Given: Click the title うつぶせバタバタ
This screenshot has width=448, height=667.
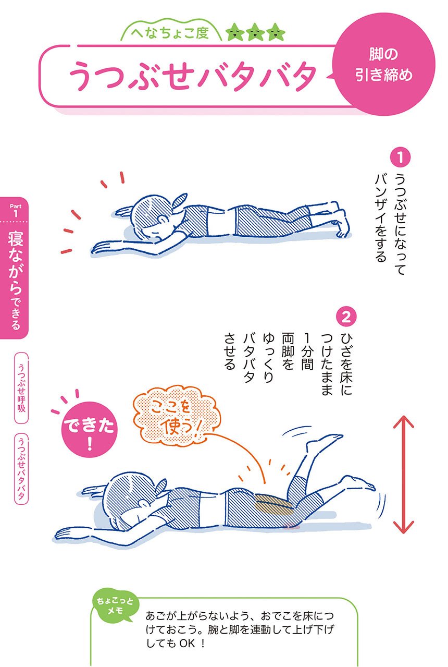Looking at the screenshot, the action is pos(192,76).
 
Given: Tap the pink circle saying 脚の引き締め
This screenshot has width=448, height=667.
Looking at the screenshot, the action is pos(383,65).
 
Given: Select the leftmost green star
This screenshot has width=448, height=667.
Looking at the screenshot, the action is pos(235,32).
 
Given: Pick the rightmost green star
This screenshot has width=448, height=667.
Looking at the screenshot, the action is pos(276,32).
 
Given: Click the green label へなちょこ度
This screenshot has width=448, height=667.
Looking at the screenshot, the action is pos(170,33).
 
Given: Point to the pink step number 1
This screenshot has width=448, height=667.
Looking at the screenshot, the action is pos(400,157).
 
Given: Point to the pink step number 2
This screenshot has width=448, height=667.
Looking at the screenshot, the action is pos(346,317).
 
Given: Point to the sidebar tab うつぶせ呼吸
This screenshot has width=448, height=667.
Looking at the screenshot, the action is pos(21,387).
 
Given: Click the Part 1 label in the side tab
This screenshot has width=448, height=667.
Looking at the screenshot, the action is pos(16,210).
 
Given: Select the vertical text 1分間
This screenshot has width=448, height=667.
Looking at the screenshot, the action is pos(307,351).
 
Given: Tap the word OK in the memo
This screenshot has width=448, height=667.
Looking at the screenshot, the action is pos(188,643).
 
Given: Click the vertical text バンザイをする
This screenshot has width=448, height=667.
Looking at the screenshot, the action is pos(381,217).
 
